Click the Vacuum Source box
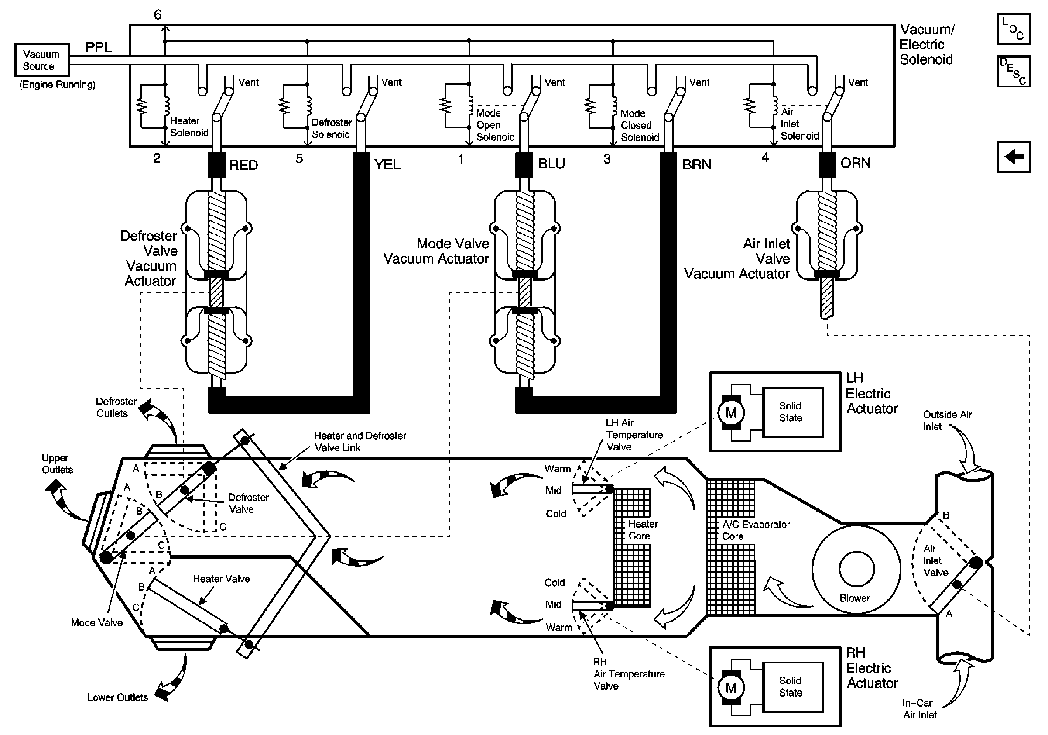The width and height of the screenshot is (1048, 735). coord(42,60)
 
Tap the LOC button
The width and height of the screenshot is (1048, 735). coord(1014,29)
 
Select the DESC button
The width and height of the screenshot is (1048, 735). coord(1014,71)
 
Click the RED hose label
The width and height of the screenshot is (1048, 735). coord(244,165)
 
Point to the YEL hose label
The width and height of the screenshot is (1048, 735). coord(387,165)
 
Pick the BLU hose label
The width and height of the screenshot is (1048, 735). coord(551,163)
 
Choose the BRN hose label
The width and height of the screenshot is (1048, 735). coord(696,165)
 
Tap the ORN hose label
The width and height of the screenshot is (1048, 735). coord(856,162)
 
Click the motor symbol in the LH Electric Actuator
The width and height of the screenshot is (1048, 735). coord(731,413)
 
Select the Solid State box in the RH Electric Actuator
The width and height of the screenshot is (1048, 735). coord(793,687)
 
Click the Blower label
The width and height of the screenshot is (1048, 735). coord(854,598)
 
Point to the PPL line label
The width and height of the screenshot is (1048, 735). coord(99,48)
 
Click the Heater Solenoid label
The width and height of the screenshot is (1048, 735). coord(189,127)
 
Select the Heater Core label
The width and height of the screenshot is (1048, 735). coord(643,530)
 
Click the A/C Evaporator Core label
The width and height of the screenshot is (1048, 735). coord(756,530)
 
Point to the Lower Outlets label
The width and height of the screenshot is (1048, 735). coord(117,697)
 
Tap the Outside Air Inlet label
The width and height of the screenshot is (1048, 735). coord(947,420)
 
